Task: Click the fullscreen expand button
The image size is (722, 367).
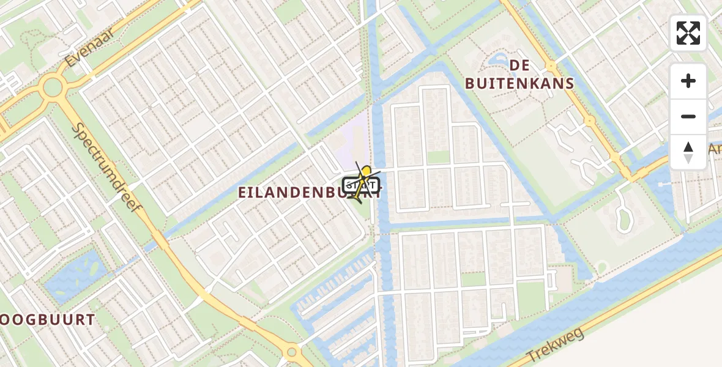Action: [688, 33]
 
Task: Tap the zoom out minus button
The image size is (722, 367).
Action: [688, 116]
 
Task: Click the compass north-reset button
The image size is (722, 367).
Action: [688, 152]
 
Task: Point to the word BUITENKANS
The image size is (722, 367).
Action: [519, 84]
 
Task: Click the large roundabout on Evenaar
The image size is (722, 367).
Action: [52, 87]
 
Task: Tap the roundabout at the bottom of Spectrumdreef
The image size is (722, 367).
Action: [292, 352]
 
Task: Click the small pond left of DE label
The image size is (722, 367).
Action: [496, 62]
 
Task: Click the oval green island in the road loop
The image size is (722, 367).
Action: [623, 218]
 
